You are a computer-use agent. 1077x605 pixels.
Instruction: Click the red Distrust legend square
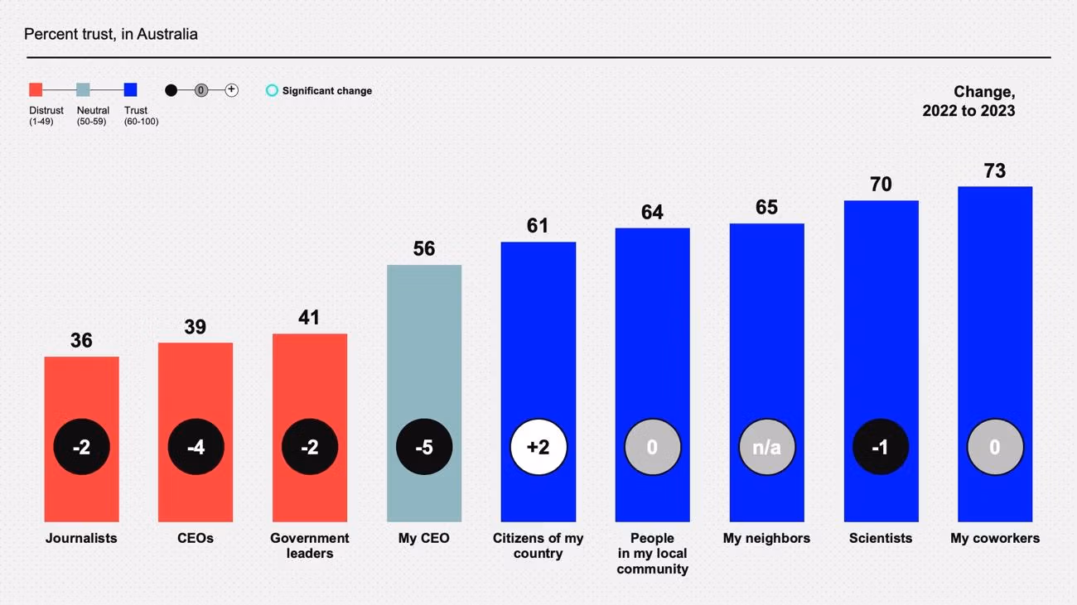point(36,90)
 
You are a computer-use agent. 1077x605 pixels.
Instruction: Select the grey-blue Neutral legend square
point(83,90)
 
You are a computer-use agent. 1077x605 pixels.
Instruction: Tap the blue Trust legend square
point(130,90)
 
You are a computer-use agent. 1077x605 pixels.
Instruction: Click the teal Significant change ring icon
point(272,90)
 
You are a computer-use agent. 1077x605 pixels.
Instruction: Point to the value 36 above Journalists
point(81,340)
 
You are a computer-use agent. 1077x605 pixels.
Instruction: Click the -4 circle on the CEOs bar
point(196,447)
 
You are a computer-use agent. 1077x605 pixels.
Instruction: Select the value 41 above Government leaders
point(309,317)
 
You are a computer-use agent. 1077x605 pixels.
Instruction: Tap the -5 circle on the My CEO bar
point(424,447)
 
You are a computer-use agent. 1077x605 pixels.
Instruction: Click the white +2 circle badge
point(538,447)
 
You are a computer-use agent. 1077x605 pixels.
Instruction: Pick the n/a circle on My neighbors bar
point(766,447)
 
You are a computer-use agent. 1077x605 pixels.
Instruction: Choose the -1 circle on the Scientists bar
point(881,447)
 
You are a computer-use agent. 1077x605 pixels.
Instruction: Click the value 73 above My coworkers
point(994,170)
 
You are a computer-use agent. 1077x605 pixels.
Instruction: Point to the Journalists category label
point(81,538)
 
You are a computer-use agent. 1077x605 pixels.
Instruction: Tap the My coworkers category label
point(994,538)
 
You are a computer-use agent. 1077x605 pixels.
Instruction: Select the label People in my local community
point(652,553)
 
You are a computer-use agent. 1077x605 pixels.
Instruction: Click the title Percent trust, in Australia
point(111,34)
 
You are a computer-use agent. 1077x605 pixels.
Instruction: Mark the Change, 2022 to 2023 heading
point(968,101)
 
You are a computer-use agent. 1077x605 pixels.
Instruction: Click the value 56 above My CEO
point(424,248)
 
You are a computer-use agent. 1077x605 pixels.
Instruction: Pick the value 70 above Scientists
point(881,184)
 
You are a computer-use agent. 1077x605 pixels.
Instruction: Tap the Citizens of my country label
point(538,545)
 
